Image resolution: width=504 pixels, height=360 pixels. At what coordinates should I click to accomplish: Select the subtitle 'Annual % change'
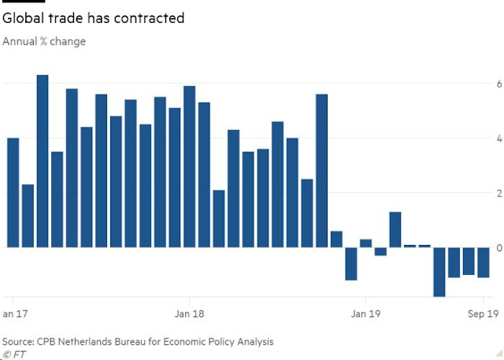click(44, 41)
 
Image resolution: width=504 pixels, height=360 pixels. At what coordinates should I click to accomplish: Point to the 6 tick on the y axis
click(488, 84)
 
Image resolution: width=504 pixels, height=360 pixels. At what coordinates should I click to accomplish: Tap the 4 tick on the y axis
click(488, 139)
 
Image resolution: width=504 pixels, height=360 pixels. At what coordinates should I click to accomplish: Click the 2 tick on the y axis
click(488, 194)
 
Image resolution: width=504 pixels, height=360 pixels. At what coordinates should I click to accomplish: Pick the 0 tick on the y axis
click(488, 248)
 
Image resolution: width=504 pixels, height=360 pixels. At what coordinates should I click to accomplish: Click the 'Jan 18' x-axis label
click(188, 313)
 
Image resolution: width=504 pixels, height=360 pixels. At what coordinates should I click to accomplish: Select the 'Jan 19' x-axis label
click(365, 313)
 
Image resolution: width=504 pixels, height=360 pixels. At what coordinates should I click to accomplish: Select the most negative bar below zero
click(439, 272)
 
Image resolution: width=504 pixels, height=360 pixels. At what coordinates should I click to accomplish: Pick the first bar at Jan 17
click(13, 192)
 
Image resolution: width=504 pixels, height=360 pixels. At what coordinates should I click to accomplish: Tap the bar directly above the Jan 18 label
click(189, 166)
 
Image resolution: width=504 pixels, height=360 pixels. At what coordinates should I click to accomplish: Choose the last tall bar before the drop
click(321, 170)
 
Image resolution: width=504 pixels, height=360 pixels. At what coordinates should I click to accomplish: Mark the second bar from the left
click(28, 216)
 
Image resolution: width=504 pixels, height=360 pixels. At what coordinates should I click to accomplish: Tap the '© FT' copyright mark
click(13, 354)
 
